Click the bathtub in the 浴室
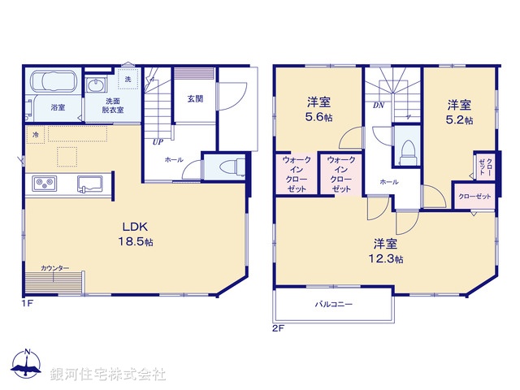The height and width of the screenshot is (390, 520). (x=54, y=84)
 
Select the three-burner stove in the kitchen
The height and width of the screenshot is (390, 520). (x=45, y=183)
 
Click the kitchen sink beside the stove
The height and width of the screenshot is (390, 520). (x=89, y=183)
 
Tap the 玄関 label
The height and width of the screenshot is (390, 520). (x=195, y=99)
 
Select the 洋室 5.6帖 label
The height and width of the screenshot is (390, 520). (x=318, y=110)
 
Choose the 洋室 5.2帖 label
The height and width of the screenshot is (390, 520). (x=459, y=111)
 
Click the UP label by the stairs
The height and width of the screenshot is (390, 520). (x=157, y=141)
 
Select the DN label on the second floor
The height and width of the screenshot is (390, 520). (x=378, y=106)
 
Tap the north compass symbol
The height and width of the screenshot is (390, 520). (x=27, y=365)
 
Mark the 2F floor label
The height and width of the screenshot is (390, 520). (x=278, y=329)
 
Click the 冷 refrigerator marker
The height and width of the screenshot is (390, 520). (x=36, y=134)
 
